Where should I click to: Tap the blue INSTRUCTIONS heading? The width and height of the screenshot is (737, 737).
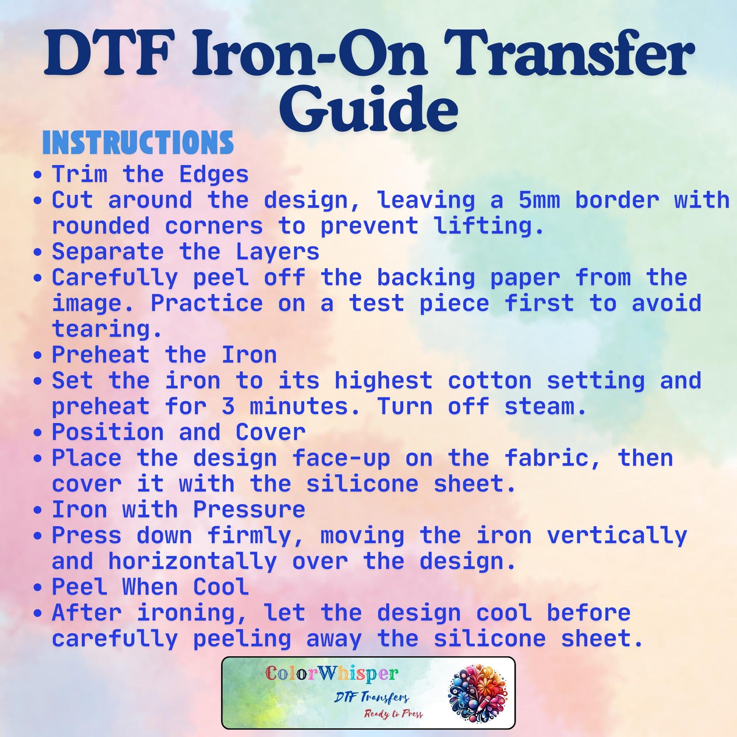tap(138, 143)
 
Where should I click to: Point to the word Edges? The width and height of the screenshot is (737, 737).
tap(214, 175)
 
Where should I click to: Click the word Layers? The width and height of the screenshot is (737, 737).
tap(278, 252)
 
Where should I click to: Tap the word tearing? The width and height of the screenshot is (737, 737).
tap(107, 330)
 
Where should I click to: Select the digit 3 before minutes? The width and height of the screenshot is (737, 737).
tap(228, 407)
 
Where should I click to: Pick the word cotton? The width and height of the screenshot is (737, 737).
tap(490, 381)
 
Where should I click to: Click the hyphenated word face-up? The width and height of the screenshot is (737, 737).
tap(341, 459)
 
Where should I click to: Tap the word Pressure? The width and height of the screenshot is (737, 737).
tap(249, 510)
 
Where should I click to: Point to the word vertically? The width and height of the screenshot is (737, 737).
tap(617, 536)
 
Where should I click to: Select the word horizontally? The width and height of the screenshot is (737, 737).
tap(193, 562)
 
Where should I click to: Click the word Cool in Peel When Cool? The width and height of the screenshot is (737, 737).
tap(221, 587)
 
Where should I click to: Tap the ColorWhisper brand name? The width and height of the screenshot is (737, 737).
tap(332, 673)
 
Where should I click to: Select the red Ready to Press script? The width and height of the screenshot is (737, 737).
tap(394, 713)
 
